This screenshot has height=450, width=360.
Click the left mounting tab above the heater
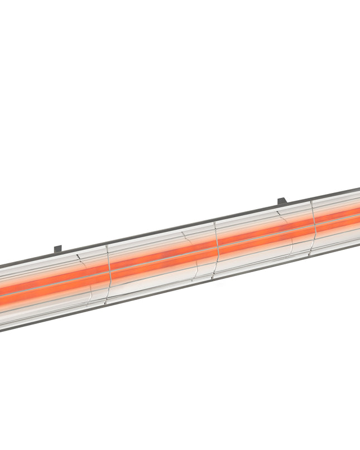(57, 248)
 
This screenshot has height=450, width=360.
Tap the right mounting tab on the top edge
(282, 201)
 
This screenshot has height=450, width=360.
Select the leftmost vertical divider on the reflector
(109, 273)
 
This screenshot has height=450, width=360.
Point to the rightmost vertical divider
(314, 226)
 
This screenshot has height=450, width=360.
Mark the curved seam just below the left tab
(83, 258)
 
